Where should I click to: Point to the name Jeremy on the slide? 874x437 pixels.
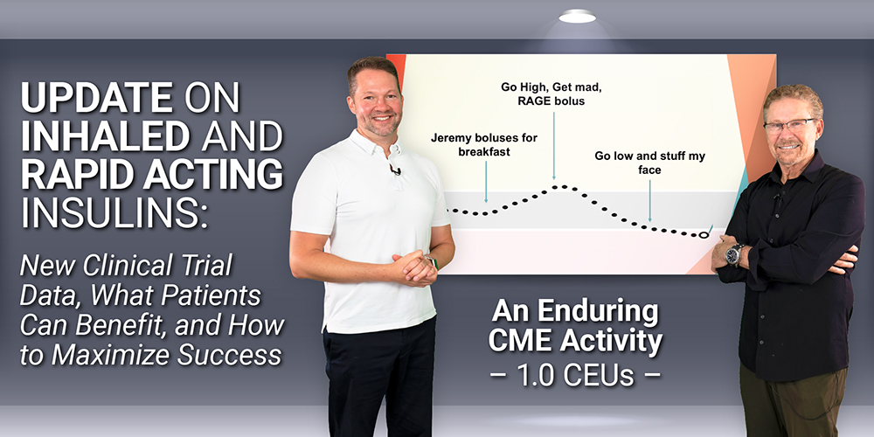coord(449,138)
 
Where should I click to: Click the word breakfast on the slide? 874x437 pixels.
coord(484,151)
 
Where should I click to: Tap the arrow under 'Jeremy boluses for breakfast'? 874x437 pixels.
coord(486,182)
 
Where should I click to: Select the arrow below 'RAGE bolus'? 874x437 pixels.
coord(554,146)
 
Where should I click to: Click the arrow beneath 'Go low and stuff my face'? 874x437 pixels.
coord(649,201)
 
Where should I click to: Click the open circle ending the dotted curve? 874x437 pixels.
coord(704,235)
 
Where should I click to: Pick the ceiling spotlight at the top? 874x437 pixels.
coord(577,16)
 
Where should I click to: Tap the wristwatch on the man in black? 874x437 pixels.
coord(734,254)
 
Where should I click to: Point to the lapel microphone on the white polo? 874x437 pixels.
coord(395,170)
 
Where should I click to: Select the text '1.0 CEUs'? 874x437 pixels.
coord(575,376)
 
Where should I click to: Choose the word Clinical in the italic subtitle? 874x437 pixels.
coord(128,266)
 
